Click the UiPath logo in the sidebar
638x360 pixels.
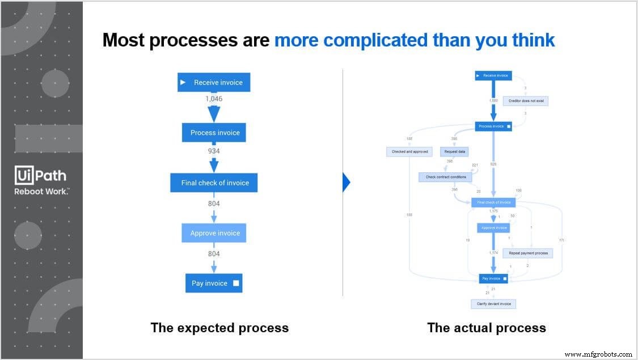tap(41, 176)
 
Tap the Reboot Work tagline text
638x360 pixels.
tap(41, 192)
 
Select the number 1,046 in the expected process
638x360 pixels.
tap(214, 99)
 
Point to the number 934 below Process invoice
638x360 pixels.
tap(214, 151)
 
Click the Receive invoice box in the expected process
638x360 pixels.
tap(214, 82)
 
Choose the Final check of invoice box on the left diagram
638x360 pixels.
tap(214, 183)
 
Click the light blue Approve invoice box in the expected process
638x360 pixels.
tap(214, 233)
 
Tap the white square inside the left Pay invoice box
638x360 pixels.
tap(236, 283)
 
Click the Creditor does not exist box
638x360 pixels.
tap(526, 101)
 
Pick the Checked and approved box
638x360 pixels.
tap(409, 152)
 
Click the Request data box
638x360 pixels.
tap(454, 152)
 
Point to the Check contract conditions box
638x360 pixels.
tap(445, 177)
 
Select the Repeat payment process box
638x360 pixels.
tap(527, 253)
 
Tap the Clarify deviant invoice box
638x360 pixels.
tap(493, 304)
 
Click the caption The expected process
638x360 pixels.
tap(219, 328)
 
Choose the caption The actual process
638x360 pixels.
tap(486, 328)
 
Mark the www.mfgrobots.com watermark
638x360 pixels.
tap(598, 354)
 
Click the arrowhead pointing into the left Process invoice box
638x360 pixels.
tap(214, 115)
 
